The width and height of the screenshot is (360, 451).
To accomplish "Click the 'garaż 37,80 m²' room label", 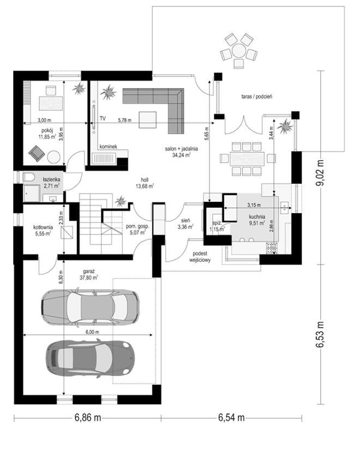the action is point(90,274).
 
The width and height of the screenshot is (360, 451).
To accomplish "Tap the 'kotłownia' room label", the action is point(43,227).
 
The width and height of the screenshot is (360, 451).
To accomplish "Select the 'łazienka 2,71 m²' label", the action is point(51,182).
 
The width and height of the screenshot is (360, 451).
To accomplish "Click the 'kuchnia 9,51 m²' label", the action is point(257,220).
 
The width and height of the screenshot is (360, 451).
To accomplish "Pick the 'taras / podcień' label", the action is point(257,97).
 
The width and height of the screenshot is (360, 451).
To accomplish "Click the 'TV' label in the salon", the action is point(103,118).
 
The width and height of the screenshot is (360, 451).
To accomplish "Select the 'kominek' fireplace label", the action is point(108,147).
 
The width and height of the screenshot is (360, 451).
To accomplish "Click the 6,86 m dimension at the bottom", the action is point(88,418).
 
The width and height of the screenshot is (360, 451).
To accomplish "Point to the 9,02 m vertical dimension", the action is point(320,172).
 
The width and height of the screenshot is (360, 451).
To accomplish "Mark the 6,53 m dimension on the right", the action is point(320,334).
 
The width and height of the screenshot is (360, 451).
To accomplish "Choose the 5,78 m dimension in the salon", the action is point(124,120).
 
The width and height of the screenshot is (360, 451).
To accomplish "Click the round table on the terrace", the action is point(239,51).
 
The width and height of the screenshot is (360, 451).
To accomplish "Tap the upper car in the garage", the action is point(90,307).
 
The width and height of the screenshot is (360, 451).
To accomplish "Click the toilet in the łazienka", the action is point(28,177).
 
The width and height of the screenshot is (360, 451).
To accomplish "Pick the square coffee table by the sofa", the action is point(148,119).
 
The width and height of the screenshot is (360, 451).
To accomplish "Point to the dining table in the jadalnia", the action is point(247,159).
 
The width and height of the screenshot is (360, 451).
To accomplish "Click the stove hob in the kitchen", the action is point(272,249).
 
